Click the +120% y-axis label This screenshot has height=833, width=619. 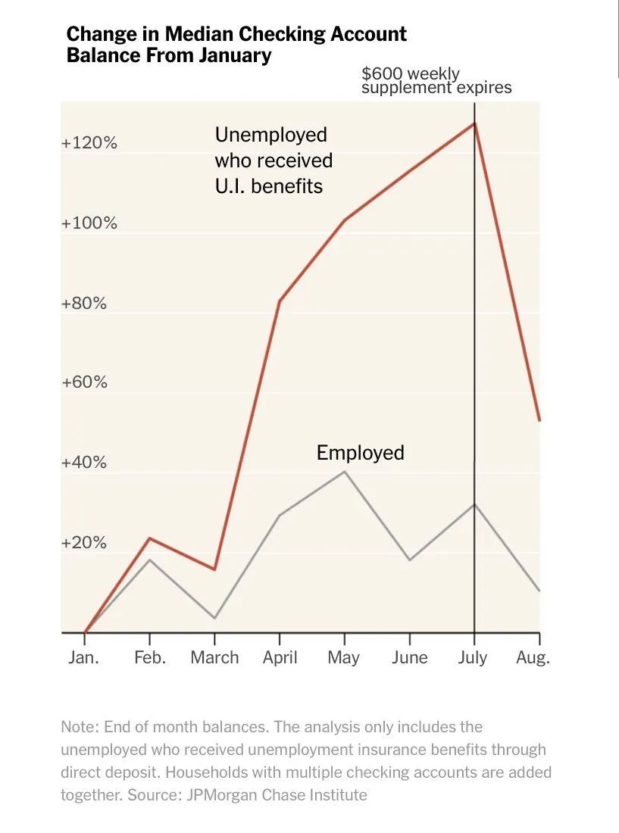(x=89, y=143)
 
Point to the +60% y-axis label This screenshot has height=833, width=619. (x=84, y=382)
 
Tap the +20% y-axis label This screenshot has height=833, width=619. (x=84, y=543)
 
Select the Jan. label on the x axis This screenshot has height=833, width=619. (x=83, y=657)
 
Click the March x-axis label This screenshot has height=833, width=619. (x=214, y=657)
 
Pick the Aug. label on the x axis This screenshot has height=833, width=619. (x=533, y=657)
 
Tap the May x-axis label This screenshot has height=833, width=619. (x=343, y=657)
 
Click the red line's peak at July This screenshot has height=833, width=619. (x=474, y=123)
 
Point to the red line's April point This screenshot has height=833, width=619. (x=280, y=301)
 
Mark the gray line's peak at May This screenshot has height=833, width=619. (x=345, y=472)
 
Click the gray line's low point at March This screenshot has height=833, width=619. (x=214, y=618)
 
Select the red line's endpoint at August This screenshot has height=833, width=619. (x=539, y=420)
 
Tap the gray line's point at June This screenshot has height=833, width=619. (x=410, y=560)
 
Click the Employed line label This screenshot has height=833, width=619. (x=360, y=453)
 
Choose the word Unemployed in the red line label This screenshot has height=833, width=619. (x=270, y=135)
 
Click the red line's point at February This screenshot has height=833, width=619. (x=150, y=538)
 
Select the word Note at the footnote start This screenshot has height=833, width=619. (x=78, y=727)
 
